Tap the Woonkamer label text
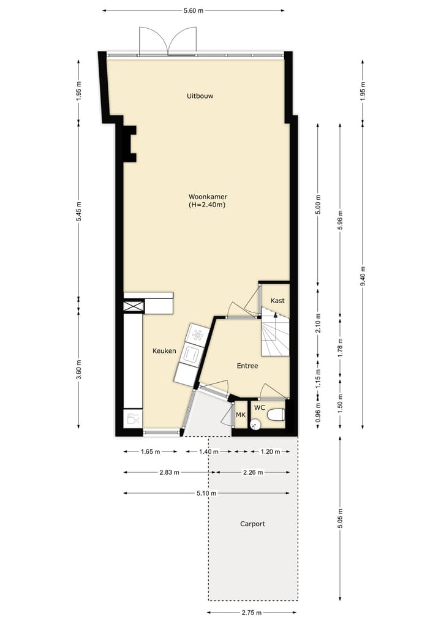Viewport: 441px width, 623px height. point(208,197)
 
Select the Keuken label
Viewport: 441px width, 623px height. point(164,351)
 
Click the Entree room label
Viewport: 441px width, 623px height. point(247,366)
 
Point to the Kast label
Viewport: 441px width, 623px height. point(277,301)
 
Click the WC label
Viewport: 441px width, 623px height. point(260,407)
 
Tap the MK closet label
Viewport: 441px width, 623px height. point(241,415)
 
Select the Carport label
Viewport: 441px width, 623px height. point(252,524)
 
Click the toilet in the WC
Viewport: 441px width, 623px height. point(276,415)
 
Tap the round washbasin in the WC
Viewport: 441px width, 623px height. point(256,422)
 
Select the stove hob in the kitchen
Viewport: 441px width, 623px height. point(197,334)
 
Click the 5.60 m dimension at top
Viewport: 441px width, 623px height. point(194,10)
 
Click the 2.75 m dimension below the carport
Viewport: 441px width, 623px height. point(252,613)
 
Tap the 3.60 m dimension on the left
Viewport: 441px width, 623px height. point(78,369)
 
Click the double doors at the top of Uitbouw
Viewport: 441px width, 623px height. point(168,42)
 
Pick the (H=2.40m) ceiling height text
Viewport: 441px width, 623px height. point(208,205)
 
